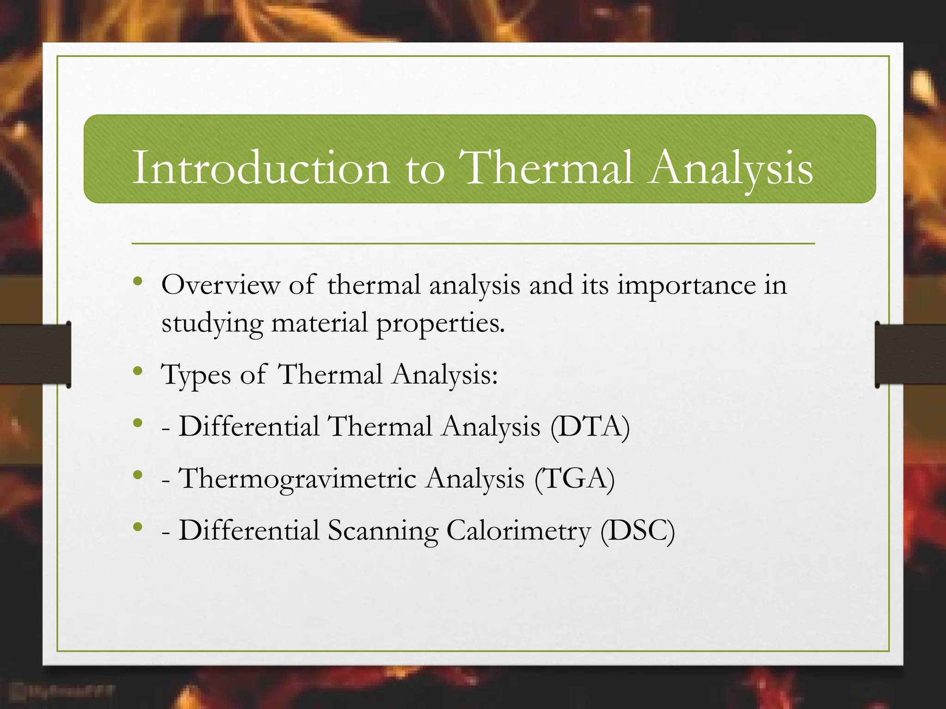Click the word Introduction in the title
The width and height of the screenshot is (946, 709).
(x=261, y=169)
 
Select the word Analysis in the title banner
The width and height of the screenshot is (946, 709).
(x=730, y=169)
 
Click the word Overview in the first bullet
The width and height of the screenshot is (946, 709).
(x=221, y=285)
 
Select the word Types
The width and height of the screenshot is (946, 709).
(x=196, y=375)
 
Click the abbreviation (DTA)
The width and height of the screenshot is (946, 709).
(x=590, y=427)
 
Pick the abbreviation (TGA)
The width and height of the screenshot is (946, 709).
(x=575, y=479)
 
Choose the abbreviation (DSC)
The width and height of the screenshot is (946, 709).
(x=637, y=531)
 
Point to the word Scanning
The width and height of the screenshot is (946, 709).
(x=383, y=531)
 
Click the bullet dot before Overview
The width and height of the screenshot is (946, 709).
(x=137, y=281)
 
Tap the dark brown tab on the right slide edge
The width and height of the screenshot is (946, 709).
(x=910, y=354)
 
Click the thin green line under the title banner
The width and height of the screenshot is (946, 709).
(x=473, y=243)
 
